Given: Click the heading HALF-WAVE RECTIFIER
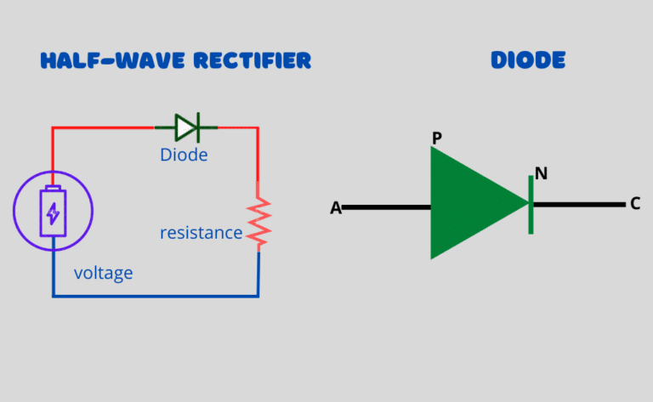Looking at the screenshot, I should coord(176,60).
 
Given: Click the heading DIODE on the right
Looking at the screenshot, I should coord(528,60).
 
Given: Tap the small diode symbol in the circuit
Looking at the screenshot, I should coord(187,127).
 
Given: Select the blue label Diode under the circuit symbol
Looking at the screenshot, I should coord(184,156).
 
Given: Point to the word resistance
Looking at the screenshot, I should coord(201,232).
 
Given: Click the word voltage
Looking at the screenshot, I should coord(103,273).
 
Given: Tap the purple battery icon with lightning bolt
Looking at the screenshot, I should coord(53,211).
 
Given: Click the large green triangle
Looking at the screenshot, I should coord(472,203).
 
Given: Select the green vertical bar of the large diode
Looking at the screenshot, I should coord(531,204).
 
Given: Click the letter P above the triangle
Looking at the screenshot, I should coord(437,138).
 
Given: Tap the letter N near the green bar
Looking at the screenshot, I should coord(541,173).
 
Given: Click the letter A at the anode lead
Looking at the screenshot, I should coord(336,207).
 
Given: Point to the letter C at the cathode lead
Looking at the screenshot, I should coord(635,204).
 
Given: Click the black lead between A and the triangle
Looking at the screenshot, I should coord(387,207).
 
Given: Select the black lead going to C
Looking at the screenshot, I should coord(578,205).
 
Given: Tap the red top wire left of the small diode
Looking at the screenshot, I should coord(102,128).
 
